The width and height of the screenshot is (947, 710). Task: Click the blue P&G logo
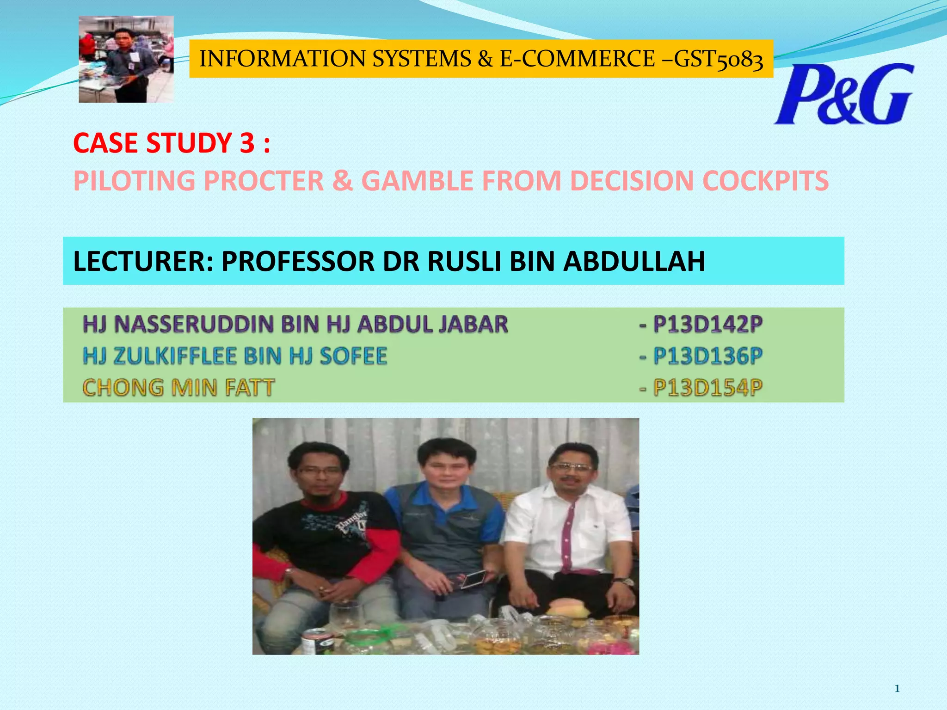[843, 95]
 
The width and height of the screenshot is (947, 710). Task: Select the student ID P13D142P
[707, 324]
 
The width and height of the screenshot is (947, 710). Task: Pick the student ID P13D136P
[707, 356]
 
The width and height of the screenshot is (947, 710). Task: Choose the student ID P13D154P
[707, 387]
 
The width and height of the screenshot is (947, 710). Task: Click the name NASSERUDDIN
[194, 324]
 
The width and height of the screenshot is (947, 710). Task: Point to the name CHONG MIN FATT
[178, 387]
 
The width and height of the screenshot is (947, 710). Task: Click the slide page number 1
[897, 689]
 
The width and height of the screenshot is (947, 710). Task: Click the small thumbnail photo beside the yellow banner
[126, 59]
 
